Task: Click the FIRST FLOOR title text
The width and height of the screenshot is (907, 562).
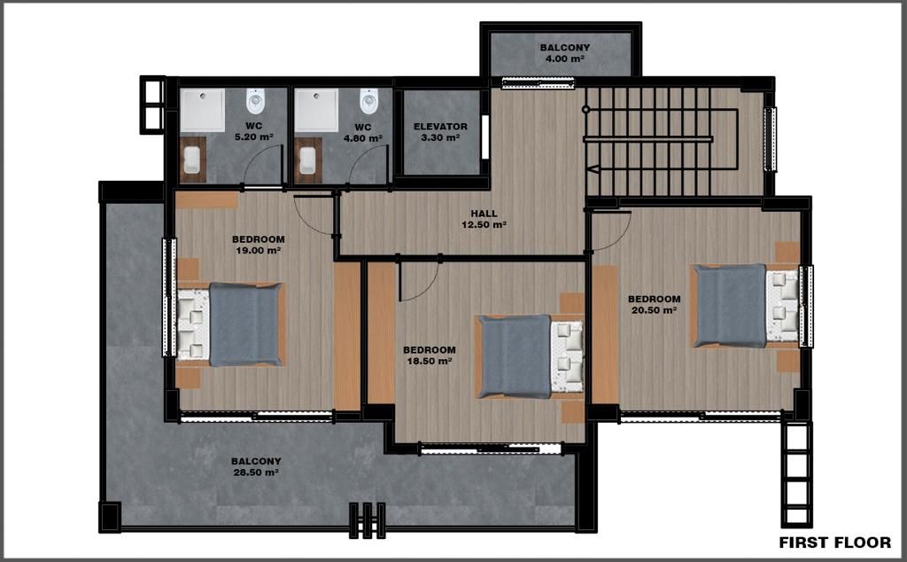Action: (x=834, y=542)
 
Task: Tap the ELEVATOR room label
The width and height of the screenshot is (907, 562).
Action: (x=440, y=126)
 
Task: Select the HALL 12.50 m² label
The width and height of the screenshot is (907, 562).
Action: (x=485, y=219)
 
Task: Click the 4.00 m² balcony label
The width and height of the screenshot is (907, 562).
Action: (x=564, y=59)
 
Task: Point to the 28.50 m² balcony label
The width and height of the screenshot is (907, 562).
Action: (x=256, y=472)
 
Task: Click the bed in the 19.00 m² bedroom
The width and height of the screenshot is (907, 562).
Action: (x=230, y=324)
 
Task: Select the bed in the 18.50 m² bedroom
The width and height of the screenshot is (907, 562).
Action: (x=530, y=356)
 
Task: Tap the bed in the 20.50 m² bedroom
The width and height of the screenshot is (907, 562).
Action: (x=746, y=306)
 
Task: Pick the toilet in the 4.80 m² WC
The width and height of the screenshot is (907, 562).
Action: (x=368, y=101)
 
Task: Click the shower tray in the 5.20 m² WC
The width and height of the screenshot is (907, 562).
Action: (x=203, y=110)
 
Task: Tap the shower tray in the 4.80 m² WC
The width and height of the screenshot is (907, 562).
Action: (x=316, y=110)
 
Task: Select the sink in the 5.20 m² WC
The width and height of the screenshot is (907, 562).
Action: (x=192, y=160)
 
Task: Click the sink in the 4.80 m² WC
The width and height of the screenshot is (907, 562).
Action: (x=307, y=160)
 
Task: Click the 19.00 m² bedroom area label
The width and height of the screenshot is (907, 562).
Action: (x=259, y=251)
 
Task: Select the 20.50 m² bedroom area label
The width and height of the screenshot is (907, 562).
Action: (x=655, y=310)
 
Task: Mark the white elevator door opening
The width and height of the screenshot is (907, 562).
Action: (x=485, y=137)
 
